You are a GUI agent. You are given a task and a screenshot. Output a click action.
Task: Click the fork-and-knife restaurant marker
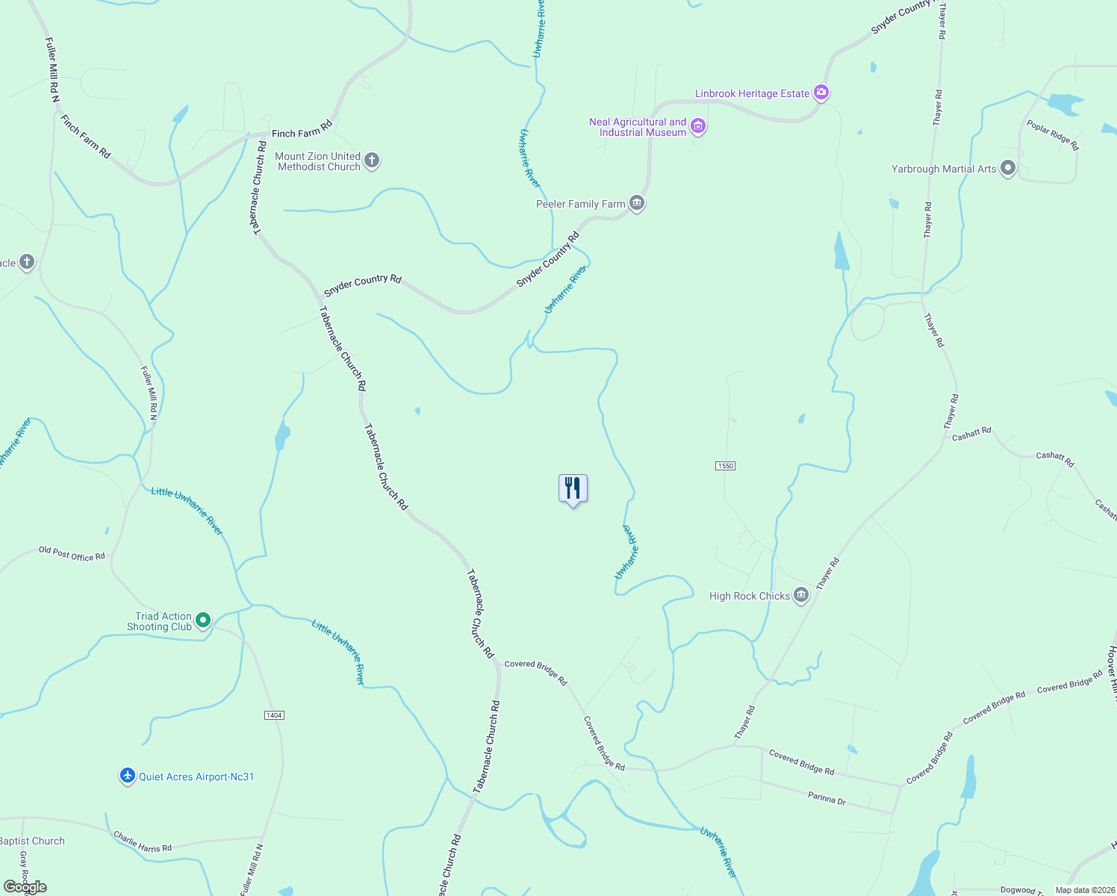(573, 488)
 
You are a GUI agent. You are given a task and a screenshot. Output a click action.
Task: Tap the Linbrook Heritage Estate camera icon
(821, 93)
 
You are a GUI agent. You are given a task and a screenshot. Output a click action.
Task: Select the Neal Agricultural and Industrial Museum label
(637, 127)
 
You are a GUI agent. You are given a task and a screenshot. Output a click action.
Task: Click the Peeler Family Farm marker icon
(636, 203)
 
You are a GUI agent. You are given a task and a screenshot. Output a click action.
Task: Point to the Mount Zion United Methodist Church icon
(371, 161)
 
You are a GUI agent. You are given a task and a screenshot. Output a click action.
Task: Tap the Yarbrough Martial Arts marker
(1007, 168)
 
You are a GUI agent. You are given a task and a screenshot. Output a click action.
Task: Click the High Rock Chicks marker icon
(800, 595)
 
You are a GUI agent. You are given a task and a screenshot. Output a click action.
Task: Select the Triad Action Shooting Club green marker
(202, 620)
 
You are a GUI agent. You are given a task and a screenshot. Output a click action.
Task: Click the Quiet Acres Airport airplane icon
(128, 776)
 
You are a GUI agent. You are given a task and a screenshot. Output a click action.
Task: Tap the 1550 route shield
(725, 466)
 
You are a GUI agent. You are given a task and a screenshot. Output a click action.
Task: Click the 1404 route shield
(274, 715)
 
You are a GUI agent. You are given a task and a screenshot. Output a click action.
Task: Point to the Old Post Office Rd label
(72, 553)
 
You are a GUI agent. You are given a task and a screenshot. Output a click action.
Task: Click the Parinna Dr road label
(827, 798)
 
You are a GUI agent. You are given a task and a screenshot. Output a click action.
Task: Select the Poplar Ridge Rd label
(1053, 135)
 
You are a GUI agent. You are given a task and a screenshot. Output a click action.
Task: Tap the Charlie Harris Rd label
(143, 842)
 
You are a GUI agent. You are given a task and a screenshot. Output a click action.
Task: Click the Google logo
(25, 887)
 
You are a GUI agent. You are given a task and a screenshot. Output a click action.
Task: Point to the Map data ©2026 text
(1083, 890)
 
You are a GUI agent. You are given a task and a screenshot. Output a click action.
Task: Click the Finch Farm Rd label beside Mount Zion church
(302, 131)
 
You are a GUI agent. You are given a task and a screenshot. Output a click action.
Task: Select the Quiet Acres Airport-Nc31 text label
(196, 777)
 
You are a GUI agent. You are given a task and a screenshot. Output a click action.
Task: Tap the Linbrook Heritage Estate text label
(752, 93)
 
